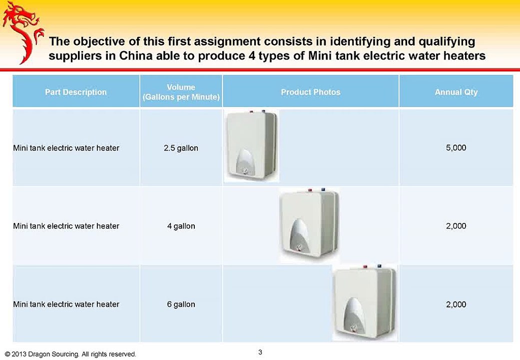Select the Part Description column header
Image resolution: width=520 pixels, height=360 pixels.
coord(76,92)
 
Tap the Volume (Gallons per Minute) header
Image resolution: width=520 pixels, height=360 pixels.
coord(181,92)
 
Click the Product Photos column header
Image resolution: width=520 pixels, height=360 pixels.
coord(311,92)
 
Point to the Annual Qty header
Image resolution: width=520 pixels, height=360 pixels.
coord(456,92)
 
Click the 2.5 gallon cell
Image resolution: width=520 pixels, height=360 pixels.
coord(181,148)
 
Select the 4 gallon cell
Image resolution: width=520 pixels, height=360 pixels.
coord(181,226)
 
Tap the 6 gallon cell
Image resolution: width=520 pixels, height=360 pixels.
coord(181,304)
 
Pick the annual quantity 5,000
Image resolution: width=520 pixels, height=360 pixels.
coord(456,148)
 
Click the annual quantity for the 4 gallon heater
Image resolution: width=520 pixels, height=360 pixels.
coord(456,226)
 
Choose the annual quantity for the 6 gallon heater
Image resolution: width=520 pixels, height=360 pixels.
coord(456,304)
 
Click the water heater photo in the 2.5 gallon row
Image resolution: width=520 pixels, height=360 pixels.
coord(251,145)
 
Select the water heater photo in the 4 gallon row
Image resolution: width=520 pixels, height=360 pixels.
coord(308,224)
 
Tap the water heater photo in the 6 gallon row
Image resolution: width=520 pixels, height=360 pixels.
coord(365,303)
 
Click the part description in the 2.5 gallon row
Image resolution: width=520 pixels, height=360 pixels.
coord(66,148)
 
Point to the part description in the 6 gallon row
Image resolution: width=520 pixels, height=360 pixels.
coord(66,304)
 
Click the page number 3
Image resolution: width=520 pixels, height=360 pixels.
coord(260,352)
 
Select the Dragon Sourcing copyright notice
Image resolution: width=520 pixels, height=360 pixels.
coord(69,354)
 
